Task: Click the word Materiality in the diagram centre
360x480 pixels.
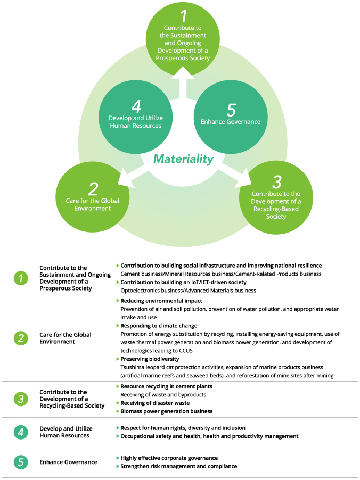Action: coord(183,159)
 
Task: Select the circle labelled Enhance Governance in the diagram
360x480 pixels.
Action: coord(230,114)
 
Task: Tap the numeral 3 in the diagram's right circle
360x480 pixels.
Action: coord(276,182)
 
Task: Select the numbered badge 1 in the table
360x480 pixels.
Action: coord(21,278)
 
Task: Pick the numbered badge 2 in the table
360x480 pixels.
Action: coord(21,338)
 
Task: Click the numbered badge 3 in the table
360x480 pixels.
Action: coord(21,399)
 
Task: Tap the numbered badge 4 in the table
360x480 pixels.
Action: coord(21,432)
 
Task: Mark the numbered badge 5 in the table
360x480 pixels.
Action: coord(21,462)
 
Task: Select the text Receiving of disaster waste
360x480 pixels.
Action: coord(154,403)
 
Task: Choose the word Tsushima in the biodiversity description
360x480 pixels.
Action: coord(133,367)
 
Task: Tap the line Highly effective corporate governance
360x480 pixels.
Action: coord(169,458)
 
